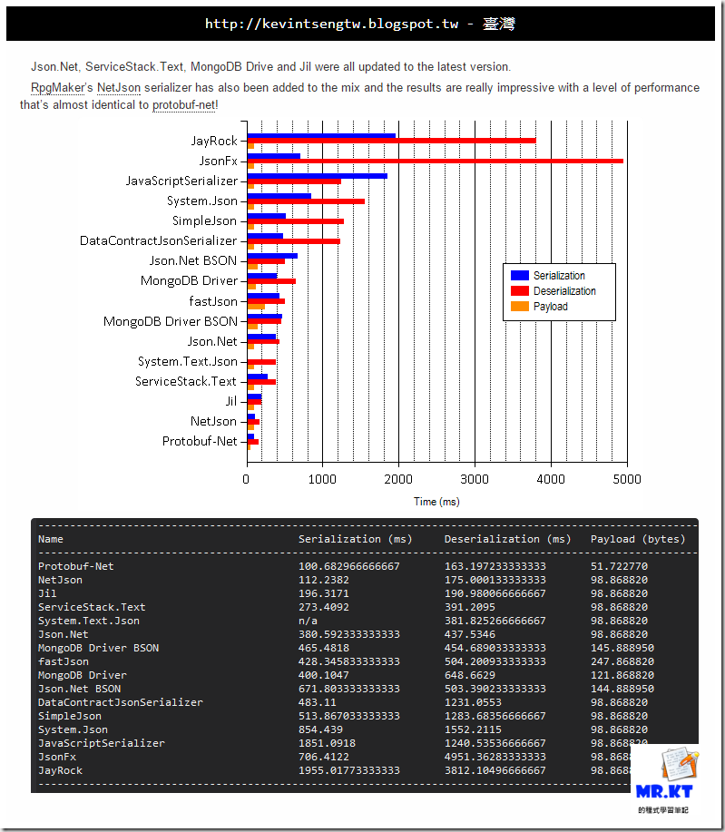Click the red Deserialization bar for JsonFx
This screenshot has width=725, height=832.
[x=436, y=161]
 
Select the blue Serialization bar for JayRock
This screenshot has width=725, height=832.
[x=321, y=136]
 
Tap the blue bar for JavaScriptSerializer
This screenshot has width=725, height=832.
[x=317, y=176]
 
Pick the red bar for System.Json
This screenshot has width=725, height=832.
[x=306, y=201]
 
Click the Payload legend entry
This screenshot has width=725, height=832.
[x=550, y=307]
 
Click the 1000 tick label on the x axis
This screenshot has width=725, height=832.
[x=323, y=479]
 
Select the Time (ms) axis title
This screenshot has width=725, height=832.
[x=437, y=502]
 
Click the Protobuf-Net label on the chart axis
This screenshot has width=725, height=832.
[x=200, y=441]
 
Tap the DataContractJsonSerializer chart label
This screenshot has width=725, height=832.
[x=159, y=241]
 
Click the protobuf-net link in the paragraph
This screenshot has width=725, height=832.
[x=184, y=105]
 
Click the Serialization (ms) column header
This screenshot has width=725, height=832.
[x=355, y=539]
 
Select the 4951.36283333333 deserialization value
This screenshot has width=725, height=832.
[x=495, y=757]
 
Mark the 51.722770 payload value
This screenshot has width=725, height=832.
[x=619, y=566]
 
